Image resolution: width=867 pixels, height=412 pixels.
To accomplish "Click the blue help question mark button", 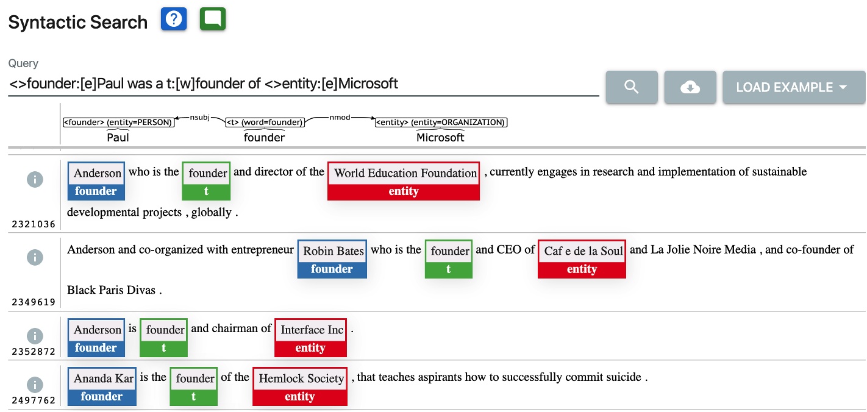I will coord(174,20).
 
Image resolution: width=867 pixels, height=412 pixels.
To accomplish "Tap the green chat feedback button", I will coord(213,20).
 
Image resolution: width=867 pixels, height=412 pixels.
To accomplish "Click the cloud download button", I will coord(690,87).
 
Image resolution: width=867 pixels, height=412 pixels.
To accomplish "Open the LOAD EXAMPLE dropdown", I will coord(793,87).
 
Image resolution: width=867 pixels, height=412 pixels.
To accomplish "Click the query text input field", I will coord(304,83).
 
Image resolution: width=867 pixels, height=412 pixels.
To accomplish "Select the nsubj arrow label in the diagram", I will coord(199,116).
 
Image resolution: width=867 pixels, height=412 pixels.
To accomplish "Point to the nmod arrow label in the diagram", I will coord(340,116).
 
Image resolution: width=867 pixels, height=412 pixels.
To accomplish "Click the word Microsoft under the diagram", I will coord(440,138).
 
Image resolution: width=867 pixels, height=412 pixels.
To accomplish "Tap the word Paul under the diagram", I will coord(118,138).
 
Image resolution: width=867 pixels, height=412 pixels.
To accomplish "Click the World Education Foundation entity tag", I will coord(404,181).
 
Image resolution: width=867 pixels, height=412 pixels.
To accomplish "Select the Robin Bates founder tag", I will coord(332,259).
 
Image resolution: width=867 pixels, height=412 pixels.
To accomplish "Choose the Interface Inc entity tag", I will coord(310,338).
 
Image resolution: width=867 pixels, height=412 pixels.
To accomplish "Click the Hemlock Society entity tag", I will coord(300,386).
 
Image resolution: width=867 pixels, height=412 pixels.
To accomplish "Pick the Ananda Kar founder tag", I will coord(102,386).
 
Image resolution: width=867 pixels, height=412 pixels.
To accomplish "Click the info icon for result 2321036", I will coord(35,179).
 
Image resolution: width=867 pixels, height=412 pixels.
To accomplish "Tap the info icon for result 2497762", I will coord(35,385).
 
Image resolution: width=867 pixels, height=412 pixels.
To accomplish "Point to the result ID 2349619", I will coord(34,302).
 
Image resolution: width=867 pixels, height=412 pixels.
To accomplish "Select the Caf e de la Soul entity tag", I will coord(582,259).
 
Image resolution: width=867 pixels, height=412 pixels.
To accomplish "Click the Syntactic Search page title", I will coord(78,23).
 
